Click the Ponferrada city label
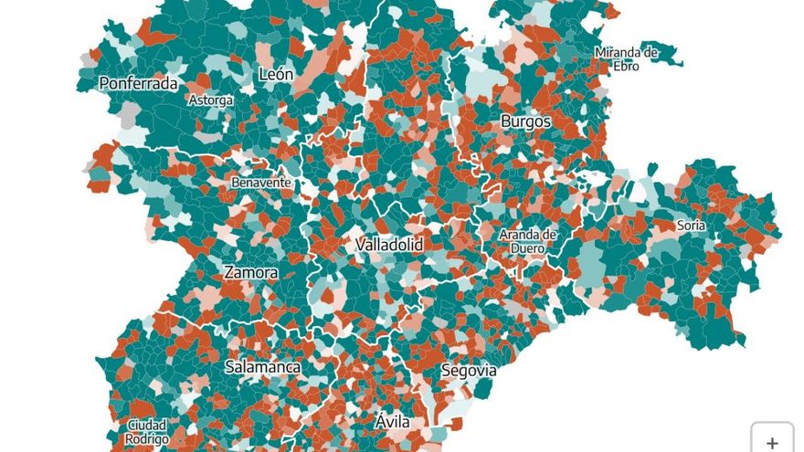[138, 83]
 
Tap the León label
[276, 74]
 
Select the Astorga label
[210, 100]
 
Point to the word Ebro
[626, 66]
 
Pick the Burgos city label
[525, 121]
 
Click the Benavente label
[261, 183]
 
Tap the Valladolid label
[388, 245]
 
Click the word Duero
[527, 247]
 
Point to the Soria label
[691, 225]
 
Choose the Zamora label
[251, 272]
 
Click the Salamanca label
[262, 366]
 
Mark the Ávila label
[393, 422]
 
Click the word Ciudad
[147, 426]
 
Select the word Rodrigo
[147, 439]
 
